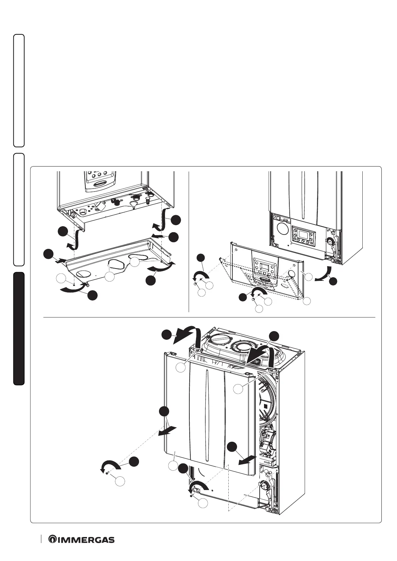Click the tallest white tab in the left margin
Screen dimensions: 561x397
(19, 90)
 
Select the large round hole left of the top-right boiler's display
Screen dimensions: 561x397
(283, 230)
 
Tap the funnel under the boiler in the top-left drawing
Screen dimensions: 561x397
(133, 204)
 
